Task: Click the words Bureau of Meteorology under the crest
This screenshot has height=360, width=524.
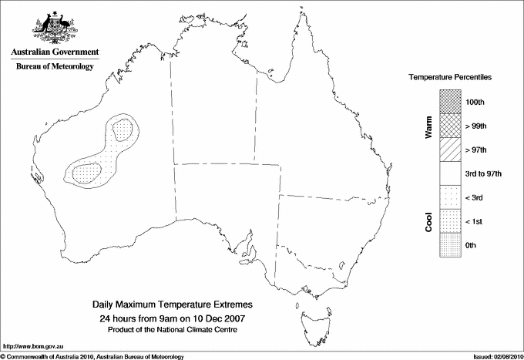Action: (x=54, y=66)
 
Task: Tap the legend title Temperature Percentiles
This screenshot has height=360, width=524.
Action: (x=450, y=78)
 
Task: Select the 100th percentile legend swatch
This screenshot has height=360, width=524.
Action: (x=449, y=102)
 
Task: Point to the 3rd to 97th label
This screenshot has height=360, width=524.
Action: (x=484, y=173)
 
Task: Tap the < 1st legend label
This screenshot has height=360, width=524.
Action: (x=475, y=221)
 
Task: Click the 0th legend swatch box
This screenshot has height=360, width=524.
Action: (x=449, y=245)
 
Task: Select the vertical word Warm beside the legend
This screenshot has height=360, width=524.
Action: (x=428, y=126)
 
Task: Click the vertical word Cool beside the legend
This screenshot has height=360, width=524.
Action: (x=428, y=221)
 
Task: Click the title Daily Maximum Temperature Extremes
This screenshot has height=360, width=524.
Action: (x=173, y=305)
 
